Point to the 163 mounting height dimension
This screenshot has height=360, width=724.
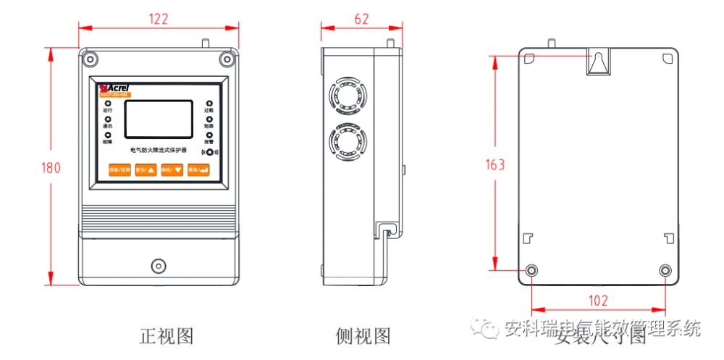[x=495, y=164]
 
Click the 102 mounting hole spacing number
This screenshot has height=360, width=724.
[x=599, y=301]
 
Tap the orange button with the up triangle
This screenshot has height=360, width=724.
[x=145, y=170]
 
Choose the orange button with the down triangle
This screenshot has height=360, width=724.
[x=171, y=170]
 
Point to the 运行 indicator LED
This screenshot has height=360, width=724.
[x=108, y=105]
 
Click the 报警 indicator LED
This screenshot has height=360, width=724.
[x=209, y=135]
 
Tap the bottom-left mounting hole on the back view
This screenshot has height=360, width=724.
[x=532, y=270]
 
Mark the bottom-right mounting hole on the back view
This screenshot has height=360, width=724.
[x=665, y=270]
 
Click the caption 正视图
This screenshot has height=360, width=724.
[x=167, y=336]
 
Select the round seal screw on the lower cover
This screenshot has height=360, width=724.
[x=159, y=265]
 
